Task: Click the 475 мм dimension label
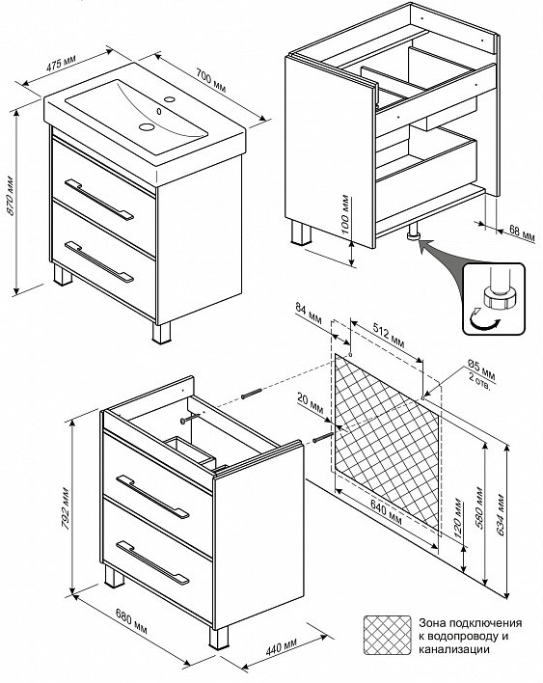click(61, 63)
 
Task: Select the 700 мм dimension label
click(211, 81)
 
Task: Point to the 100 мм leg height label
click(345, 214)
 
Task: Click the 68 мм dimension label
click(521, 232)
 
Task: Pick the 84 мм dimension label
click(309, 314)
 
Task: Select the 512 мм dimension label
click(389, 336)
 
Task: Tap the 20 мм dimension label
click(310, 403)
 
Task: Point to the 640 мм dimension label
click(386, 511)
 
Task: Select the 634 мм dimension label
click(500, 515)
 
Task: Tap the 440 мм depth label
click(282, 646)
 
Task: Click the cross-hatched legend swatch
click(388, 635)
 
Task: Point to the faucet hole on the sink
click(170, 98)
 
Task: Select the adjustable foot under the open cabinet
click(413, 232)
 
